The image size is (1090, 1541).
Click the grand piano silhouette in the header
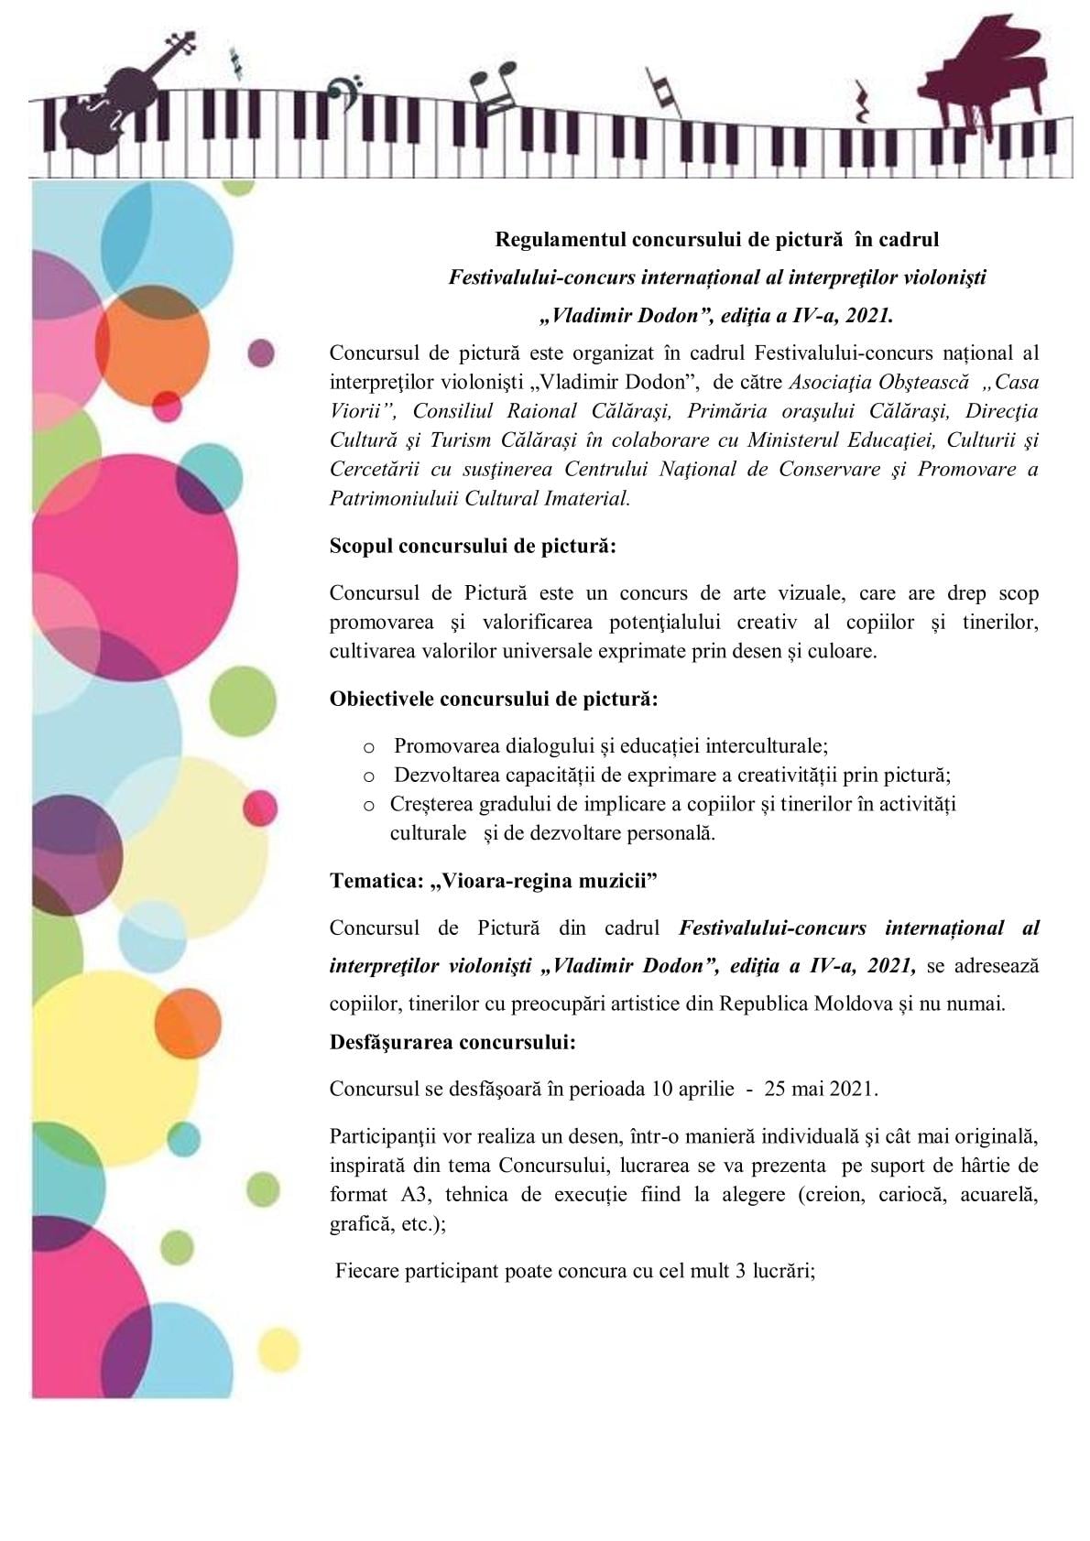[979, 78]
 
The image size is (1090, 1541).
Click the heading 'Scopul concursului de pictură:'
[473, 547]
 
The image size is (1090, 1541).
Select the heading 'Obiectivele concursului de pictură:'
[494, 699]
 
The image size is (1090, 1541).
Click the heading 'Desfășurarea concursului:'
[452, 1042]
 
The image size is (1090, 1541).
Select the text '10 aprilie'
[693, 1089]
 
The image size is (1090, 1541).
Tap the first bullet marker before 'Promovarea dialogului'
[370, 748]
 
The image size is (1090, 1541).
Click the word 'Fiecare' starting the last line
[367, 1271]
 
